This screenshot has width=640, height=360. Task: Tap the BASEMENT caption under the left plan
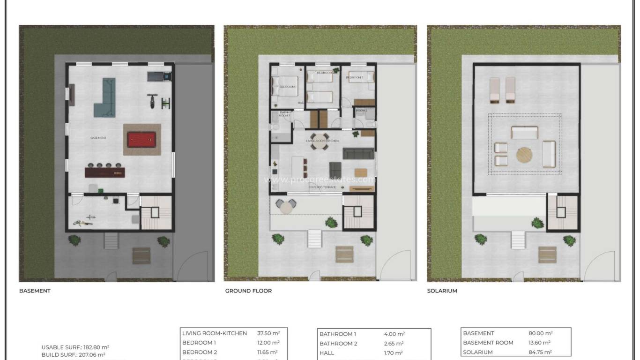click(x=35, y=291)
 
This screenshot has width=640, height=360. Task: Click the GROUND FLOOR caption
click(x=248, y=291)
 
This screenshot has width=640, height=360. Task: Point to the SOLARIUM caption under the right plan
click(x=442, y=291)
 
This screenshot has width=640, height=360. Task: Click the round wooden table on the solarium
click(x=525, y=155)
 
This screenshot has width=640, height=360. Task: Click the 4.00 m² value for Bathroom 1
click(x=394, y=334)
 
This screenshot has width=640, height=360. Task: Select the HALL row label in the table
click(x=327, y=353)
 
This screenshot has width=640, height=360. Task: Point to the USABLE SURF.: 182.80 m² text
click(x=75, y=347)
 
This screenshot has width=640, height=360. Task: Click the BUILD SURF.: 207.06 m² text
click(x=73, y=355)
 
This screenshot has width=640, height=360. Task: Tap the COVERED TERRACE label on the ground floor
click(x=322, y=187)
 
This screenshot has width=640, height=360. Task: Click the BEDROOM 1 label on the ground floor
click(x=288, y=87)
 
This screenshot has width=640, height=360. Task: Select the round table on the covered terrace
click(x=286, y=206)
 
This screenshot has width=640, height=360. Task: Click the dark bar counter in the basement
click(x=105, y=172)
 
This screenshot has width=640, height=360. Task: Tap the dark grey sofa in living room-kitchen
click(x=358, y=153)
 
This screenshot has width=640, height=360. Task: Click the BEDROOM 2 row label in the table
click(x=199, y=352)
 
